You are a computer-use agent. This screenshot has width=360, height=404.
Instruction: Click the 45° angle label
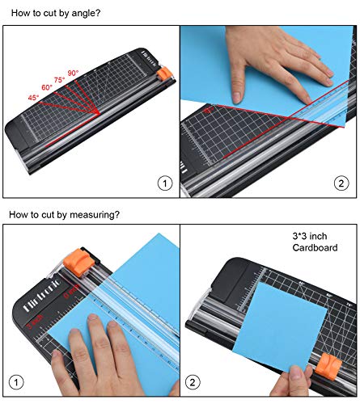[x=35, y=99]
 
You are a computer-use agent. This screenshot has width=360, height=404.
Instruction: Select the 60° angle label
[x=47, y=87]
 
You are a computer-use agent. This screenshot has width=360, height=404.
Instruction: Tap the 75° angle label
[x=61, y=79]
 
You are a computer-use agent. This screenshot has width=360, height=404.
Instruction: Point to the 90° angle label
[x=73, y=73]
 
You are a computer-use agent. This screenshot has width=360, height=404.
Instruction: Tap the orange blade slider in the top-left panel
[x=164, y=74]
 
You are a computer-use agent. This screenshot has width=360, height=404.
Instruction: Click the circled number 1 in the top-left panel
[x=165, y=183]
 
